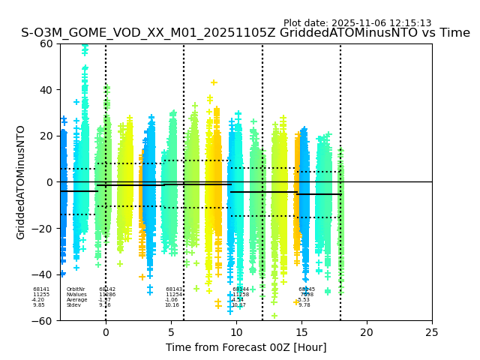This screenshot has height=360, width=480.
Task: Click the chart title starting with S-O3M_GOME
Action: point(245,33)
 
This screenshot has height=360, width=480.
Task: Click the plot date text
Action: point(357,23)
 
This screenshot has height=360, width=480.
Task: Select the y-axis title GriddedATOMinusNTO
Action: point(21,182)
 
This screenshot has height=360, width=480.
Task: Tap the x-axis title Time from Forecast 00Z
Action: point(246,347)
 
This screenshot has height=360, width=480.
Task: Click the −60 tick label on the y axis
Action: point(44,321)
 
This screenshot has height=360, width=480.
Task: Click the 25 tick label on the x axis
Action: point(432,332)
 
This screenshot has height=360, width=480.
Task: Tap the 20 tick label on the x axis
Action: point(367,332)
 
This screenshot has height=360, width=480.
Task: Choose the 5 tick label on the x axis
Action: point(171,332)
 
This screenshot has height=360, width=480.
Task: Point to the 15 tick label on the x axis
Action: point(301,332)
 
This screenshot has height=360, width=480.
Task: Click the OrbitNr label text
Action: point(76,289)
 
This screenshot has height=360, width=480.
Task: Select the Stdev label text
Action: point(73,305)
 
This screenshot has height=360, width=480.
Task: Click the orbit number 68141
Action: point(41,289)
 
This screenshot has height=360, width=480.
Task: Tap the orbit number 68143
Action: point(174,289)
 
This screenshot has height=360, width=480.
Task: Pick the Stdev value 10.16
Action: point(172,305)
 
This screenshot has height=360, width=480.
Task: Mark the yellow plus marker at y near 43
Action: point(214,82)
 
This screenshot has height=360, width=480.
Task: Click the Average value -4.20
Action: point(38,300)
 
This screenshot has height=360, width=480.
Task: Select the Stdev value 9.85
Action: point(39,305)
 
